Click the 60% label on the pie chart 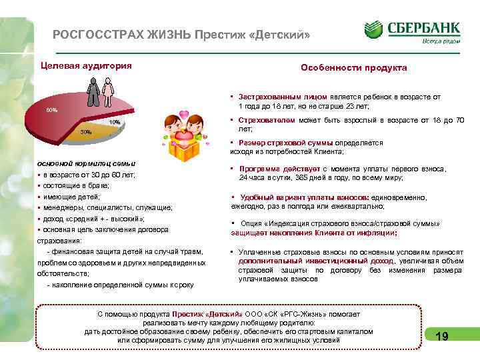[51, 109]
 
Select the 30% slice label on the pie [87, 132]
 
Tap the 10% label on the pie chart [115, 123]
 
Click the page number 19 [441, 337]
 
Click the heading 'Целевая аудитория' [86, 65]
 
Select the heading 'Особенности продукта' [353, 68]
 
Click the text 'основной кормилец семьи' [87, 163]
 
